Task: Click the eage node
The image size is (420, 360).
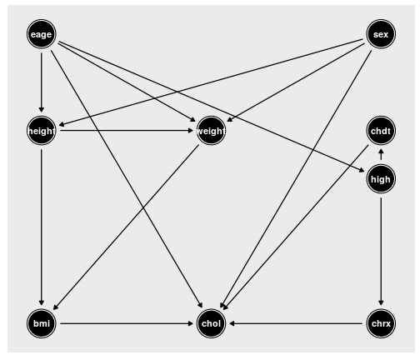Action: click(x=42, y=34)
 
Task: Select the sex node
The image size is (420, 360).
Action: click(x=381, y=34)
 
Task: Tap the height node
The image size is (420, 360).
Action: click(x=42, y=131)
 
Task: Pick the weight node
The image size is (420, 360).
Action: click(x=211, y=131)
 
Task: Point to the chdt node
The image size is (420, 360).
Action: click(x=381, y=131)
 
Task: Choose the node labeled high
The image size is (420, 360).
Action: click(x=381, y=179)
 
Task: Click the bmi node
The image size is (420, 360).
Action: click(x=42, y=323)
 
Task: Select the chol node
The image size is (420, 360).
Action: click(x=211, y=323)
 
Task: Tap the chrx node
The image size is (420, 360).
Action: click(x=381, y=323)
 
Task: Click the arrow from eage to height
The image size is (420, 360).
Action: click(x=42, y=82)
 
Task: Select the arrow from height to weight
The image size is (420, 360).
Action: click(x=127, y=131)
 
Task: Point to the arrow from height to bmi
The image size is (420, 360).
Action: click(x=42, y=227)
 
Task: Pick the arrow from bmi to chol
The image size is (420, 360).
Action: click(x=127, y=323)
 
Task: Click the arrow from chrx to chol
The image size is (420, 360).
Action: click(x=296, y=323)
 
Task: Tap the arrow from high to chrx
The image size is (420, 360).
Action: click(x=381, y=252)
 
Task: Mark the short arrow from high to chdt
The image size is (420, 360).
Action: click(x=381, y=155)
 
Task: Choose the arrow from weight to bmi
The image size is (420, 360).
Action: click(x=126, y=227)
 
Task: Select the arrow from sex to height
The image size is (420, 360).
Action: click(x=211, y=82)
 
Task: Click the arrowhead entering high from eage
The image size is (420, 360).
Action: click(x=362, y=170)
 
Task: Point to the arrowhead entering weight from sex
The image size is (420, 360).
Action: click(x=229, y=120)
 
